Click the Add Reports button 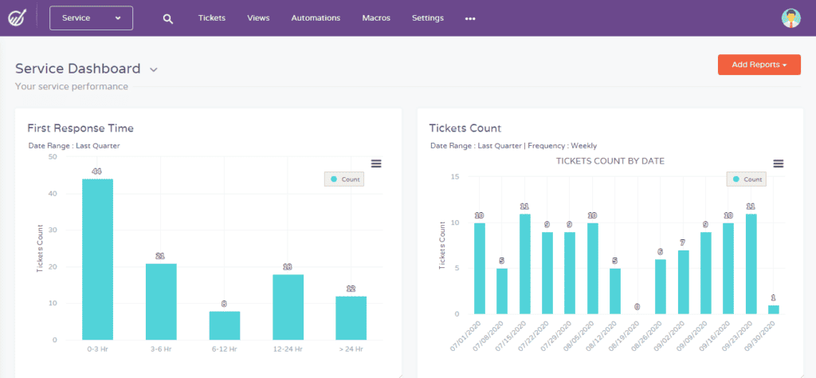pyautogui.click(x=759, y=65)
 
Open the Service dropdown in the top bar pyautogui.click(x=91, y=18)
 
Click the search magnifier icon pyautogui.click(x=167, y=18)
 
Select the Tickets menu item pyautogui.click(x=212, y=18)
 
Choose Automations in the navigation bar pyautogui.click(x=316, y=18)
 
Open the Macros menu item pyautogui.click(x=376, y=18)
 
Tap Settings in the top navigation pyautogui.click(x=428, y=18)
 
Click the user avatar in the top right pyautogui.click(x=790, y=18)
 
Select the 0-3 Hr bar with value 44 pyautogui.click(x=97, y=259)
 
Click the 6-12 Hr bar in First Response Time pyautogui.click(x=224, y=325)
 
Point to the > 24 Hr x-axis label pyautogui.click(x=351, y=350)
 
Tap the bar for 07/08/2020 pyautogui.click(x=502, y=291)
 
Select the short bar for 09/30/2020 pyautogui.click(x=773, y=309)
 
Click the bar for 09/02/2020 pyautogui.click(x=683, y=282)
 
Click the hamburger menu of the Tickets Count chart pyautogui.click(x=779, y=163)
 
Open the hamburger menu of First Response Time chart pyautogui.click(x=376, y=163)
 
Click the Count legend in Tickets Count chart pyautogui.click(x=745, y=179)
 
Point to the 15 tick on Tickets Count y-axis pyautogui.click(x=454, y=177)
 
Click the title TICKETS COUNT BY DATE pyautogui.click(x=610, y=161)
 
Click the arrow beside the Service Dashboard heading pyautogui.click(x=154, y=70)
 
